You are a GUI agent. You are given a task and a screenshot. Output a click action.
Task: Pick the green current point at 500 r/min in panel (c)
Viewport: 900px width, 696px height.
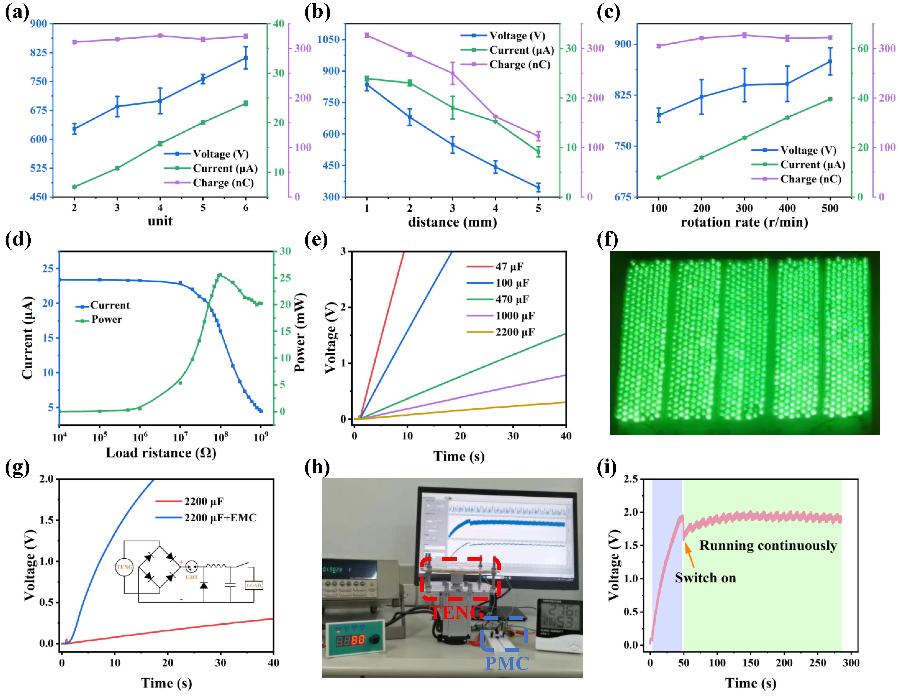coord(830,99)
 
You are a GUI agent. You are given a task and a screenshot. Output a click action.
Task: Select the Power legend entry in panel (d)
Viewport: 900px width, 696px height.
coord(106,319)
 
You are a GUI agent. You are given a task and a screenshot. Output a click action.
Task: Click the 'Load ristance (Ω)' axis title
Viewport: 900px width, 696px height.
coord(161,453)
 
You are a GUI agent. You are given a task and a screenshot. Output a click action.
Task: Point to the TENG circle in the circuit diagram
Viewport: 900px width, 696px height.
coord(124,567)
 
